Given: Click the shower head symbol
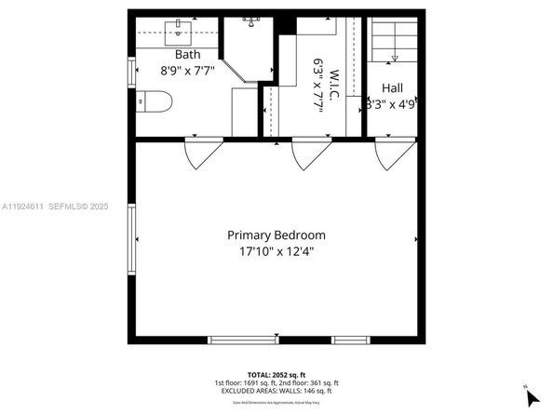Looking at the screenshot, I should [251, 20].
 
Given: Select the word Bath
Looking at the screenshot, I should [187, 54].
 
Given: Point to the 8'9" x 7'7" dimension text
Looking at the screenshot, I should [187, 69].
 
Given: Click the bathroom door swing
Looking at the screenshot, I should [203, 154].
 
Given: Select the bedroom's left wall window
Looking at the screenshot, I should [132, 240].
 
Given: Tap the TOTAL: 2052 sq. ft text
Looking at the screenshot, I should [276, 374].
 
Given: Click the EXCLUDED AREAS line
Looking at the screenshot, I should [276, 391].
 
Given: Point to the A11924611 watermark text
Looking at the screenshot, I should [25, 206].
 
